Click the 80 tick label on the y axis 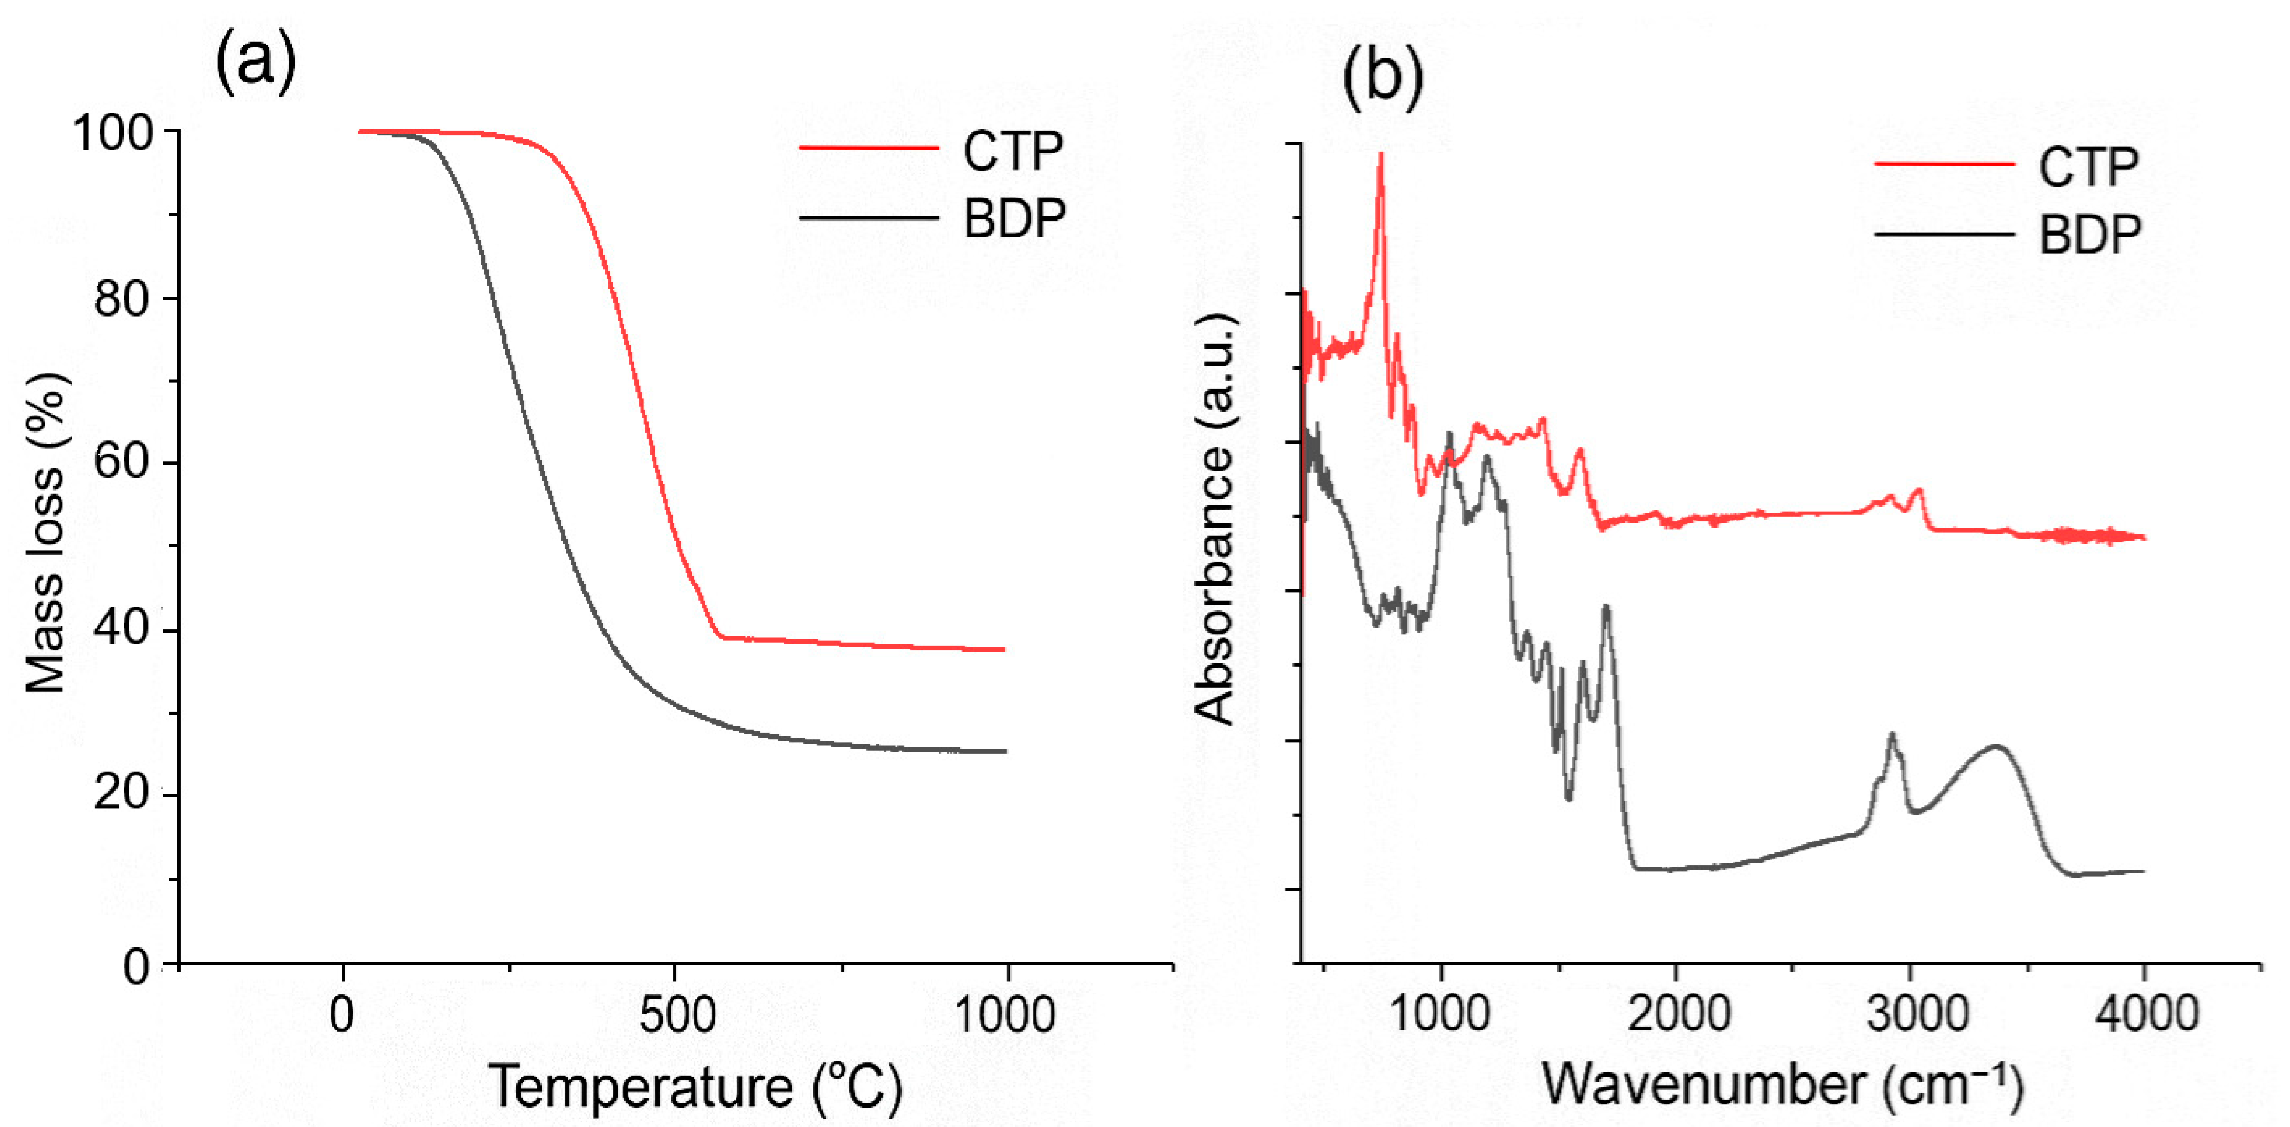click(x=122, y=300)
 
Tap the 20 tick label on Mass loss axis click(x=122, y=793)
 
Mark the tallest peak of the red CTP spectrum click(x=1381, y=156)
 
